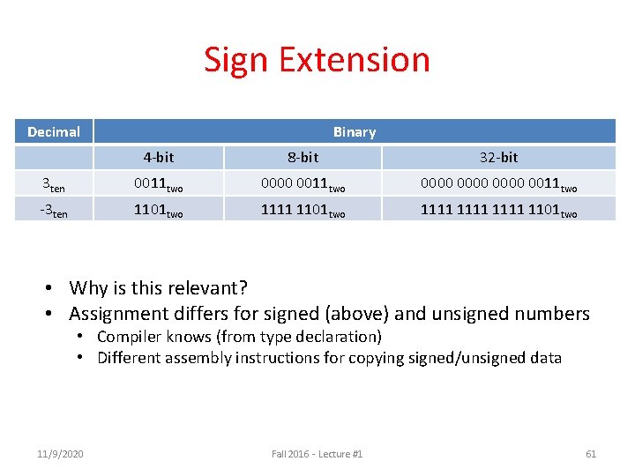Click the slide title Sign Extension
point(317,60)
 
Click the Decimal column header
point(54,132)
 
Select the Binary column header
point(354,132)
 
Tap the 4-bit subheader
point(159,158)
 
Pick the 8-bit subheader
point(303,158)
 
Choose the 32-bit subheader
point(498,158)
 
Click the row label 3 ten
point(54,184)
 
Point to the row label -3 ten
point(54,210)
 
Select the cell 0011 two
point(159,184)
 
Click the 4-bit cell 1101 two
point(159,210)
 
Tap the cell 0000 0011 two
point(303,184)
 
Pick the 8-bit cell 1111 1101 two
point(303,210)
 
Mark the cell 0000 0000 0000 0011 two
point(498,184)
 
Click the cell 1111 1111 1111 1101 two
point(498,210)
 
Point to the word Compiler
point(129,337)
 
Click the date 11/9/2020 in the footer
point(62,454)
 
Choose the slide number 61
point(591,454)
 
